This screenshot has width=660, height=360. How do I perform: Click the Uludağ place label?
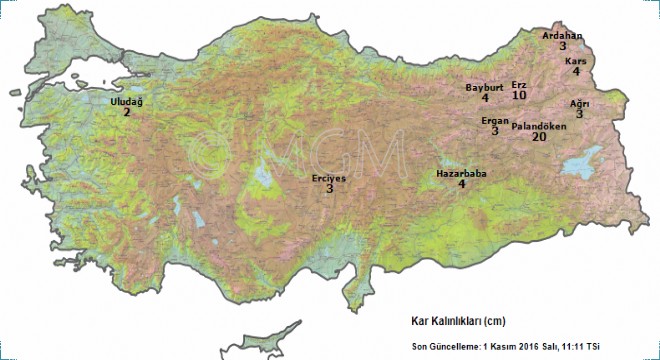click(126, 102)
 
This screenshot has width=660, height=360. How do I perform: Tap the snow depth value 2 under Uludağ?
click(127, 113)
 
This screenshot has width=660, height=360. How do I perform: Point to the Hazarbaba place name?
click(461, 174)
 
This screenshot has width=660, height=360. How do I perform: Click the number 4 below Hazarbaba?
click(461, 185)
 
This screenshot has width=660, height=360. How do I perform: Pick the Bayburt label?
click(484, 87)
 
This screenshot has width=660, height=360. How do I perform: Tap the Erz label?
click(518, 85)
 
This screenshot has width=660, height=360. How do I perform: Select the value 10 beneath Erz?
click(519, 96)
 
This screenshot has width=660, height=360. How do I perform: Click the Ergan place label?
click(495, 120)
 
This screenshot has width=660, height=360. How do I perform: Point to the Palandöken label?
click(539, 126)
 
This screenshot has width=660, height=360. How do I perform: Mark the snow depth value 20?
click(539, 138)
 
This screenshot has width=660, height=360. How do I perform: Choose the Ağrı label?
click(579, 103)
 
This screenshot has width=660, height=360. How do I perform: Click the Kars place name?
click(575, 61)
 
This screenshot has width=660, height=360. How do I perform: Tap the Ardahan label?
click(562, 35)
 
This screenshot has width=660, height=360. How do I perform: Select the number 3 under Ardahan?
click(563, 46)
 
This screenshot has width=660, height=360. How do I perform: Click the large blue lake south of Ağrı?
click(582, 164)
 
